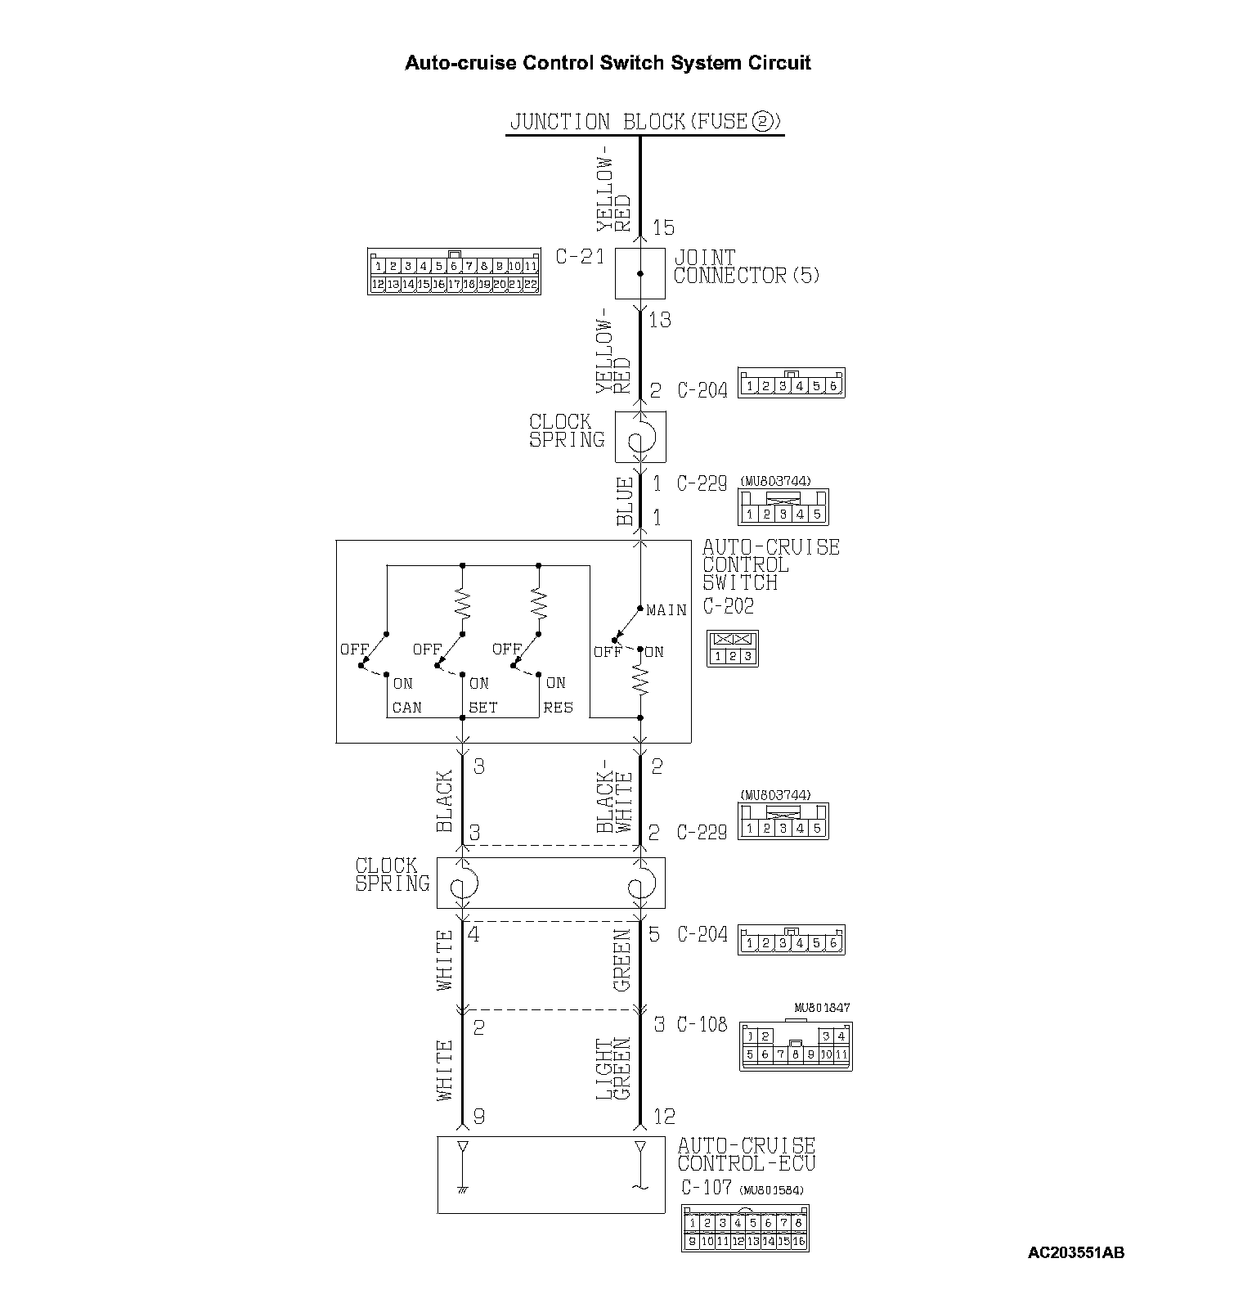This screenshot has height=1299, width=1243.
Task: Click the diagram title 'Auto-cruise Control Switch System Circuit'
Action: pyautogui.click(x=608, y=63)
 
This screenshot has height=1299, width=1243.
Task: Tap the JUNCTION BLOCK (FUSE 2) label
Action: pyautogui.click(x=645, y=122)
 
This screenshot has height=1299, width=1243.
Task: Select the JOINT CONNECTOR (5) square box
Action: pyautogui.click(x=639, y=274)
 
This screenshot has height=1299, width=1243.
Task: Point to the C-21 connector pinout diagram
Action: pyautogui.click(x=454, y=272)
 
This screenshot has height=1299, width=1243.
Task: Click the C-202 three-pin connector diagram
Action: pyautogui.click(x=733, y=649)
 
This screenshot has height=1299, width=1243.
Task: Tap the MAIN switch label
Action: pyautogui.click(x=666, y=610)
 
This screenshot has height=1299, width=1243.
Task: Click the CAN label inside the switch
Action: pyautogui.click(x=406, y=708)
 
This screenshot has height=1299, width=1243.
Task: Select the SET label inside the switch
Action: pyautogui.click(x=482, y=708)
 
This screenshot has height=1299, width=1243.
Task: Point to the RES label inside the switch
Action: pyautogui.click(x=558, y=708)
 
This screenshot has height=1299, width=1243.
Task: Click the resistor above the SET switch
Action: pyautogui.click(x=463, y=604)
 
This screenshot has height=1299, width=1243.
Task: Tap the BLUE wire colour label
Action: pyautogui.click(x=625, y=501)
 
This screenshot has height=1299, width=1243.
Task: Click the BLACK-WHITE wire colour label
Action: pyautogui.click(x=614, y=802)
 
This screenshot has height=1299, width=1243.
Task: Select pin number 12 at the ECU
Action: pyautogui.click(x=664, y=1117)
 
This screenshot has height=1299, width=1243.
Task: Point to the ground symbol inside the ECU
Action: pyautogui.click(x=463, y=1185)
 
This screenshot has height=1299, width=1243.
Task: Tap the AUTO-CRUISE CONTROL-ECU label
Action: pyautogui.click(x=746, y=1154)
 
